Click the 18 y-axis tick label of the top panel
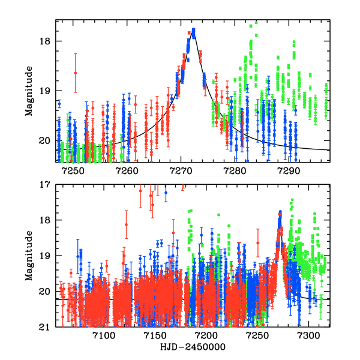tap(47, 41)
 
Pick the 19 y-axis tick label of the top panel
tap(47, 91)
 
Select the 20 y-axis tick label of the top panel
tap(47, 141)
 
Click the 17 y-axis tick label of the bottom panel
tap(47, 185)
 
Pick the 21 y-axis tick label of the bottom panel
tap(47, 328)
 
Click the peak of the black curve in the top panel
tap(193, 32)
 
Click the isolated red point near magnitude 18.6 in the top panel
tap(76, 73)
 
